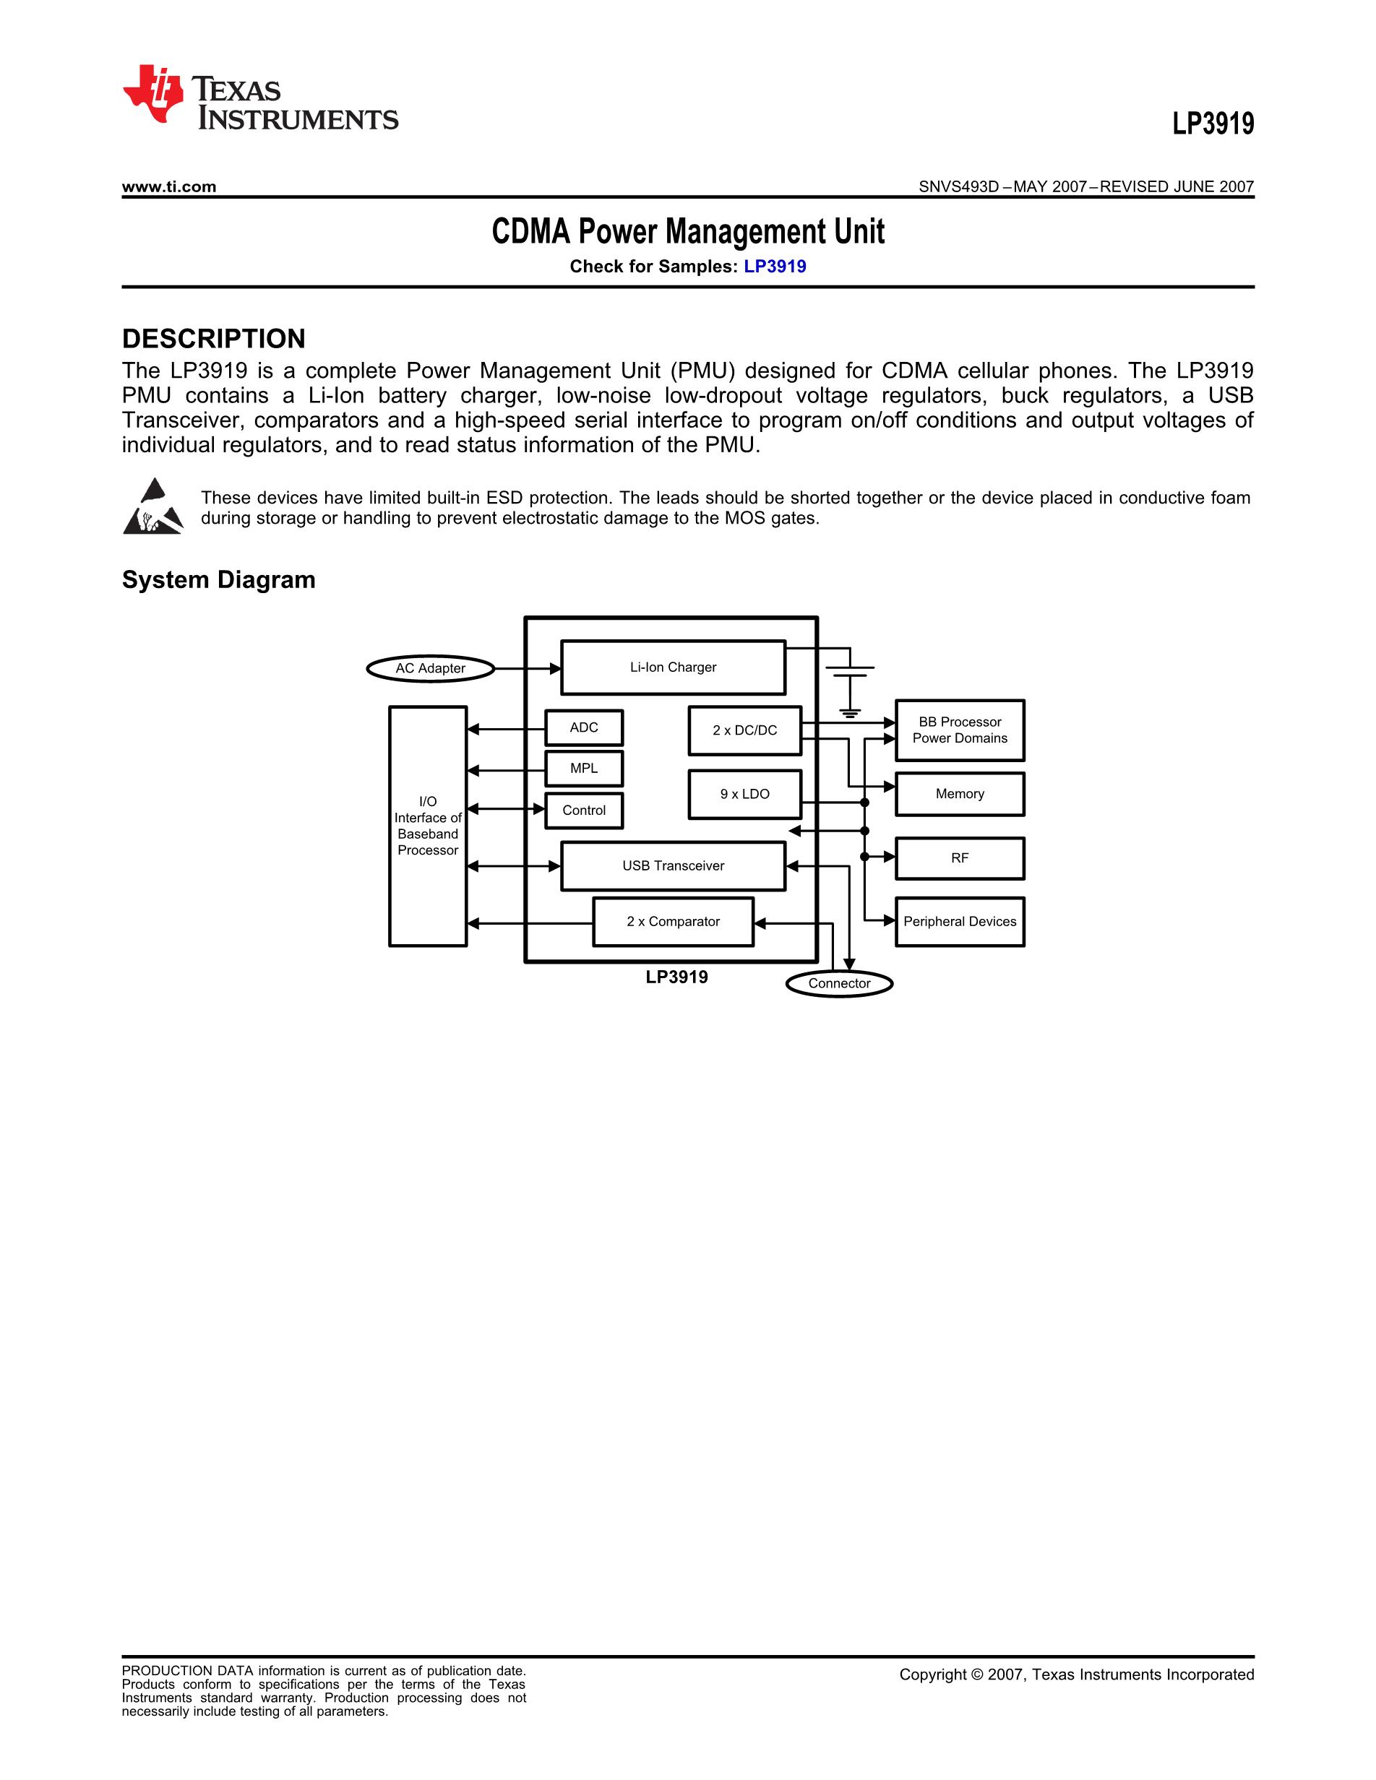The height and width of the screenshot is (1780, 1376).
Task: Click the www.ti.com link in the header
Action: click(168, 186)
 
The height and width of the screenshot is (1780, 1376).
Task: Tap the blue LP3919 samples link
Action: click(775, 267)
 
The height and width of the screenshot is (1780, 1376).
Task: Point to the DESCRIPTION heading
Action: click(214, 338)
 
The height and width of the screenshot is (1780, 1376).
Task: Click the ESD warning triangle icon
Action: click(153, 507)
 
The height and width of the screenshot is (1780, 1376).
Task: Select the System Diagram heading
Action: click(218, 579)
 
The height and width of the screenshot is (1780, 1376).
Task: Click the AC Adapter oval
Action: click(431, 668)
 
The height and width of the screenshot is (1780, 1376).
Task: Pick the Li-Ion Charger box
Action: click(673, 667)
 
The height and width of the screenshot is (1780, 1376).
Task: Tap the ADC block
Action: click(584, 727)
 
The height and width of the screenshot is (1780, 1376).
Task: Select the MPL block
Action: click(584, 769)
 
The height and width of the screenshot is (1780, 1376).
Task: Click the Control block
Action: click(584, 810)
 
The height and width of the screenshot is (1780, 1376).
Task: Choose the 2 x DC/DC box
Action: click(744, 730)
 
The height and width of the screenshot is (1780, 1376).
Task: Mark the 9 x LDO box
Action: click(744, 794)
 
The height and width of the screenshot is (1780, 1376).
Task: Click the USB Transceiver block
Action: click(673, 865)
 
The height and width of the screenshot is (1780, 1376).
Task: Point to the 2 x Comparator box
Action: click(673, 922)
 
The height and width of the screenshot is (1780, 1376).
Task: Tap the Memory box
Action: click(960, 794)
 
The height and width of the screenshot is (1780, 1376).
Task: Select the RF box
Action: click(960, 858)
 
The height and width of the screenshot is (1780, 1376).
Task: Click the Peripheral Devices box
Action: click(960, 922)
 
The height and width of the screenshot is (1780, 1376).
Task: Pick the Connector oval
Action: click(839, 984)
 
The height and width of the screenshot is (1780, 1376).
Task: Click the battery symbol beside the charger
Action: click(849, 673)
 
